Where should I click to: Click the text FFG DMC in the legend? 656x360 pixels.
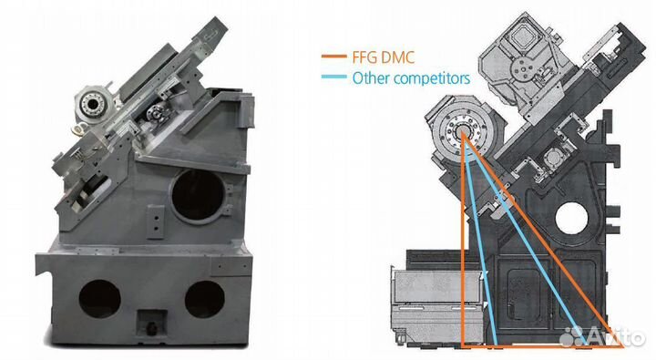[384, 57]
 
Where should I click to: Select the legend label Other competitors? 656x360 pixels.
[411, 77]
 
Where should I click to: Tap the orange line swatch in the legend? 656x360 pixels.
[333, 57]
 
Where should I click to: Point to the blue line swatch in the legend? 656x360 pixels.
[333, 77]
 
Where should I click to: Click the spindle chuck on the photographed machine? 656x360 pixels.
[92, 102]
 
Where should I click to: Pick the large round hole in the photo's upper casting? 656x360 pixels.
[199, 196]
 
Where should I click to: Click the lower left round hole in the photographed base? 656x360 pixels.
[99, 299]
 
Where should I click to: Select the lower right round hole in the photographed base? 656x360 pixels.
[205, 299]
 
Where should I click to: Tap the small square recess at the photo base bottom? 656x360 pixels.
[152, 323]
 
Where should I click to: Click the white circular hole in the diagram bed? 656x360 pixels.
[571, 219]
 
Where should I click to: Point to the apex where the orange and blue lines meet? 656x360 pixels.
[463, 133]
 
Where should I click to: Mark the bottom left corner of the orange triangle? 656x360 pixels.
[463, 346]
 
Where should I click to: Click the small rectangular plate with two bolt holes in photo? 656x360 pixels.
[156, 222]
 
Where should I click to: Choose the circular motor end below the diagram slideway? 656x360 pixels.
[554, 159]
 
